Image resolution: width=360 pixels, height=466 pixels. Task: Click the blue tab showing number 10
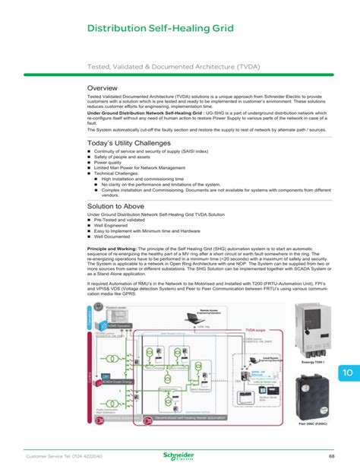[347, 374]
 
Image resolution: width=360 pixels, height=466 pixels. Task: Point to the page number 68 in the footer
[332, 455]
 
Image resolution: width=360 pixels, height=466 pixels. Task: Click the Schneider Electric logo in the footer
[180, 455]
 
